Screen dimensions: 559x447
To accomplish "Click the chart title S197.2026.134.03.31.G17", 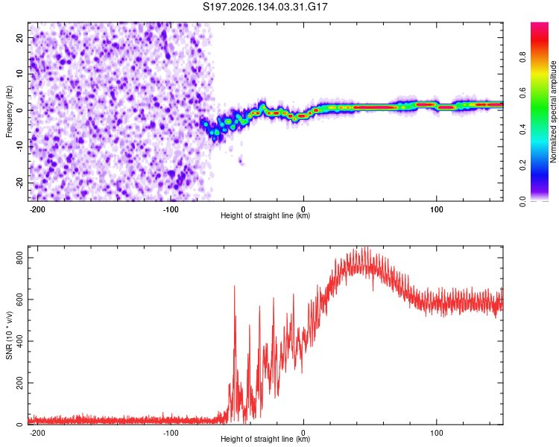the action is pos(265,7).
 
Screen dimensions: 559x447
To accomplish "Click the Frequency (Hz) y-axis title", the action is pos(9,112).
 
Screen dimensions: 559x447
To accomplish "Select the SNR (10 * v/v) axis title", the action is pos(9,335).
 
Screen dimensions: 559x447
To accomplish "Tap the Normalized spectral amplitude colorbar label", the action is pos(553,111).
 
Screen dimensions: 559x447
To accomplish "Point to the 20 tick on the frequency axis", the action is pos(19,38).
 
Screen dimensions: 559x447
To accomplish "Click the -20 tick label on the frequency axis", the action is pos(19,183).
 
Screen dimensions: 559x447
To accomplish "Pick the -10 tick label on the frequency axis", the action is pos(19,147).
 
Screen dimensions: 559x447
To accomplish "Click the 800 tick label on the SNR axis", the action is pos(19,258).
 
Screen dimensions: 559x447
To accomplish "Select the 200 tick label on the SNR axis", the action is pos(19,383).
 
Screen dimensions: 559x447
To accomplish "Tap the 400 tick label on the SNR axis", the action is pos(19,341).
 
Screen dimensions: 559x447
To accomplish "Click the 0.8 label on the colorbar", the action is pos(522,57).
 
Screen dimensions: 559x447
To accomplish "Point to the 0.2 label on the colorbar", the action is pos(522,165).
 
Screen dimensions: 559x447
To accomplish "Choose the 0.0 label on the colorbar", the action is pos(522,201).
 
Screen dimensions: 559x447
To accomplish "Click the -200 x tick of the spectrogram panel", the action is pos(37,209).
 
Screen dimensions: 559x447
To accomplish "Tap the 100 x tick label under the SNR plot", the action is pos(436,433).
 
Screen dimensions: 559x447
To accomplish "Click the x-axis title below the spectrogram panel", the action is pos(265,215).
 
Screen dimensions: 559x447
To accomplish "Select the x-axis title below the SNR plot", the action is pos(265,439).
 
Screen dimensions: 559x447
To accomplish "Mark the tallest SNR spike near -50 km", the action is pos(234,286).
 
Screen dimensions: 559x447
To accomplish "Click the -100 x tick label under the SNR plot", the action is pos(171,433).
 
